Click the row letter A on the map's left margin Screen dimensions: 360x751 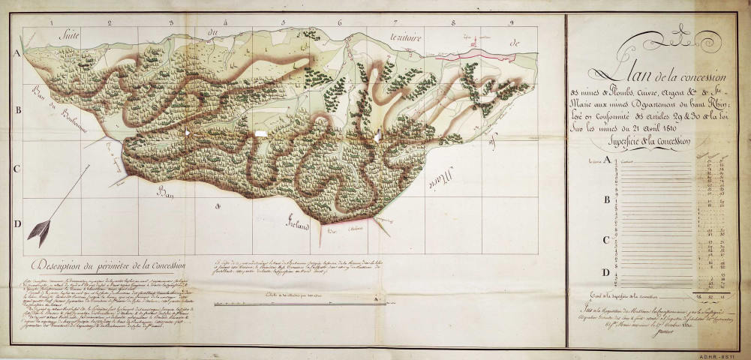coord(17,55)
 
